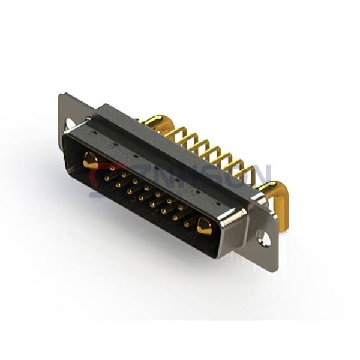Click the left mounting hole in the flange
70,124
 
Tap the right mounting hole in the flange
262,240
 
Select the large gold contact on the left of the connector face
91,160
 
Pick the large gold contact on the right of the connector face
204,227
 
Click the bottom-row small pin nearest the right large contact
187,225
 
